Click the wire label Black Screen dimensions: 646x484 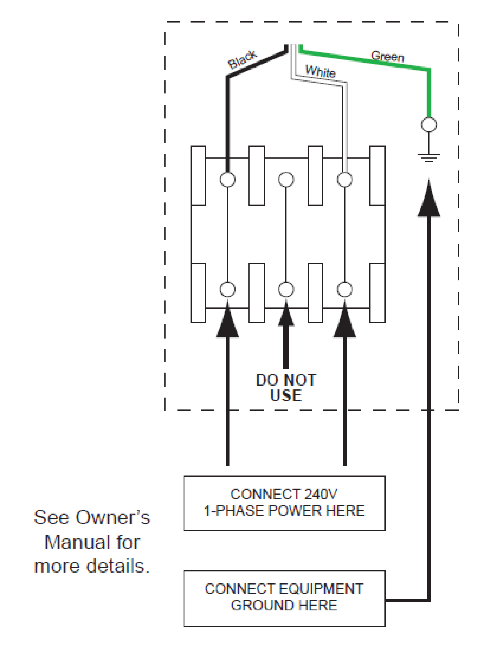click(x=242, y=59)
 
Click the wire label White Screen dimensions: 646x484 click(x=320, y=71)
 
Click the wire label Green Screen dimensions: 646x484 click(x=387, y=56)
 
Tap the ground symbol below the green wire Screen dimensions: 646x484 click(x=429, y=157)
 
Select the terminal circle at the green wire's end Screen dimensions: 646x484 click(x=429, y=125)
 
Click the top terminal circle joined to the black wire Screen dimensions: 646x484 click(x=227, y=179)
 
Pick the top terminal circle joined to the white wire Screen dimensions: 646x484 click(x=344, y=179)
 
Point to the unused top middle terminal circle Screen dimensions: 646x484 click(x=286, y=179)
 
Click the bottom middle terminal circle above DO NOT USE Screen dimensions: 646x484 click(x=286, y=289)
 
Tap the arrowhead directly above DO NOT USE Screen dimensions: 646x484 click(x=286, y=315)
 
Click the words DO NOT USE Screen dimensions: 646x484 click(x=286, y=388)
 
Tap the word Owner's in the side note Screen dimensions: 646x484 click(x=113, y=517)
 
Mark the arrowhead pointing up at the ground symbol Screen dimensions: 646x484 click(x=429, y=200)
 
